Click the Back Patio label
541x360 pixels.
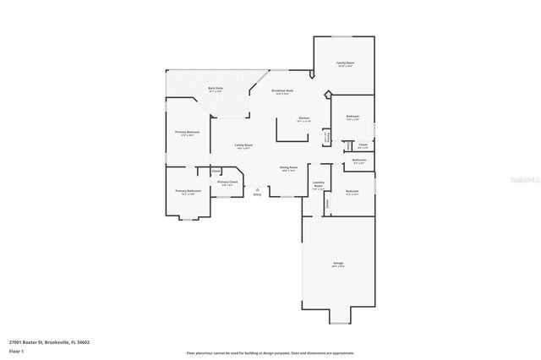[x=216, y=88]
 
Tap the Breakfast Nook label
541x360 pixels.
[x=282, y=90]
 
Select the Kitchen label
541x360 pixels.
[x=303, y=117]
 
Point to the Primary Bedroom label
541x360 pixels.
[x=187, y=132]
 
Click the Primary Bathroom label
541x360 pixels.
[x=188, y=191]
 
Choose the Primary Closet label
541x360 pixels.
[x=227, y=182]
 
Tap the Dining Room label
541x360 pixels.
[x=289, y=167]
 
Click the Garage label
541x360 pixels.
[x=338, y=264]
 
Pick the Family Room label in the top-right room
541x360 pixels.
[x=345, y=63]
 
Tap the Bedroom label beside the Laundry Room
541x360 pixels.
[x=352, y=191]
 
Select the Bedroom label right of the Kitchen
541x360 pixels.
[x=352, y=116]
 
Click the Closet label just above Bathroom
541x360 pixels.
[x=363, y=145]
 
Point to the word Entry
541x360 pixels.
[x=257, y=194]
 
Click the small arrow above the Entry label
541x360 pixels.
[x=257, y=189]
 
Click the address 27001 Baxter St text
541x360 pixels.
[x=49, y=342]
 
